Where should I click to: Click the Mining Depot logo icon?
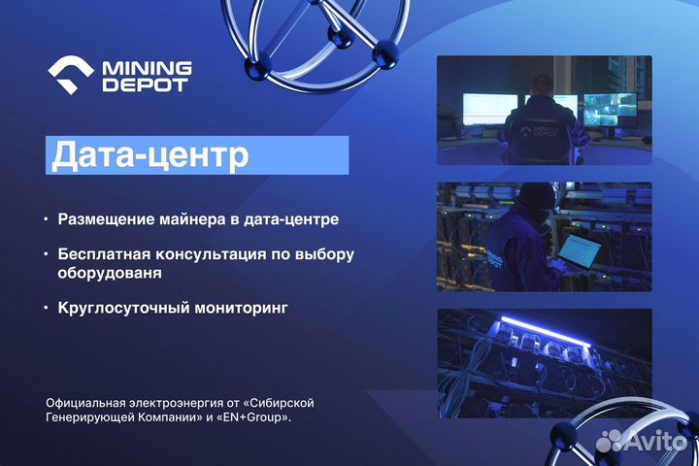tap(71, 76)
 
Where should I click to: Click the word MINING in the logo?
tap(147, 68)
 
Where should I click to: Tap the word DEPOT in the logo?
tap(145, 85)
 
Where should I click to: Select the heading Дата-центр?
tap(149, 155)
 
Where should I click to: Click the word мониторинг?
tap(240, 308)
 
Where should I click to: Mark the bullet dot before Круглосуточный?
tap(46, 308)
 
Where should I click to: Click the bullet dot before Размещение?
tap(46, 219)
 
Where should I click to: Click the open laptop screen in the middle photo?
tap(581, 251)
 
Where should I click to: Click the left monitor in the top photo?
tap(482, 108)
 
